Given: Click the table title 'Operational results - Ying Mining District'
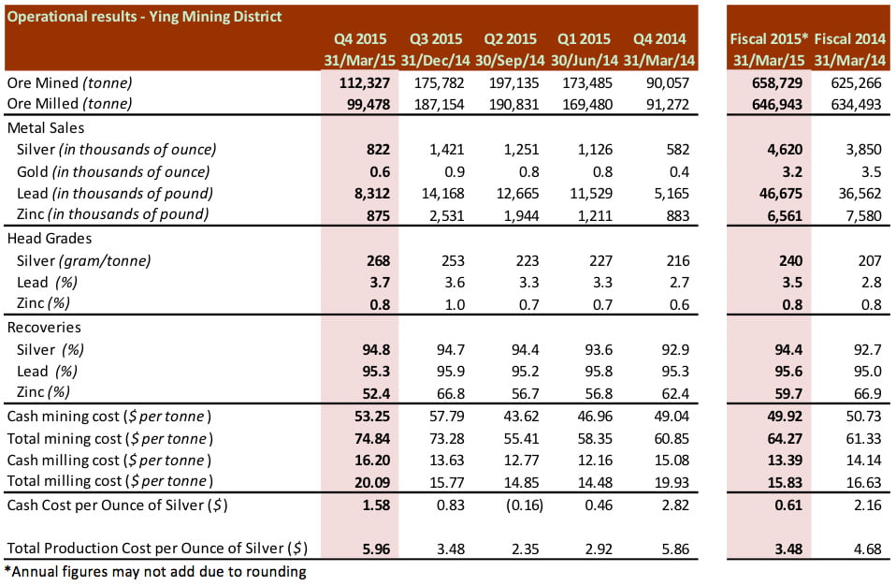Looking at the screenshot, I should (x=144, y=17).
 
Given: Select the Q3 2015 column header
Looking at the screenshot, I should (x=436, y=39).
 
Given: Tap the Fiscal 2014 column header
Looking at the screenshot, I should (x=850, y=39).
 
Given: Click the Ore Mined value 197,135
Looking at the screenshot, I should (x=512, y=83).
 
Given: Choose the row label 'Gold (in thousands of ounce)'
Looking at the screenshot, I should (x=113, y=171).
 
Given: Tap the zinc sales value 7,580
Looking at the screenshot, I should (x=861, y=215).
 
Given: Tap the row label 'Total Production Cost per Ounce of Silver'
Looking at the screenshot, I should (x=157, y=548).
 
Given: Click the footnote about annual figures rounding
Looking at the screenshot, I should (x=155, y=571).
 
